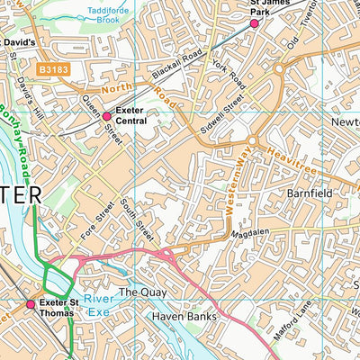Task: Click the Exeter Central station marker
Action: tap(106, 116)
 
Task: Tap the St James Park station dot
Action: tap(254, 24)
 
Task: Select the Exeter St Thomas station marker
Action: tap(31, 304)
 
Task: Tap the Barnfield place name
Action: tap(310, 193)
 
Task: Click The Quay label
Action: tap(140, 292)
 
